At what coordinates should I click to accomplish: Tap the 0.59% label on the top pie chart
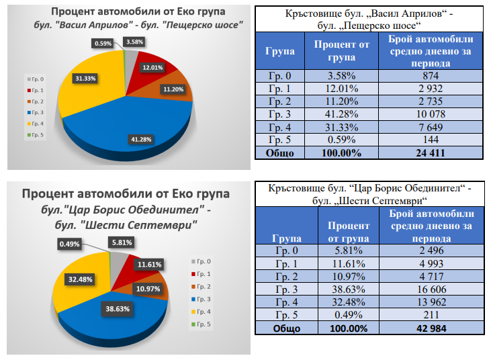pos(103,44)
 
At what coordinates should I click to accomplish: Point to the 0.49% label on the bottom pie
pos(69,244)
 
